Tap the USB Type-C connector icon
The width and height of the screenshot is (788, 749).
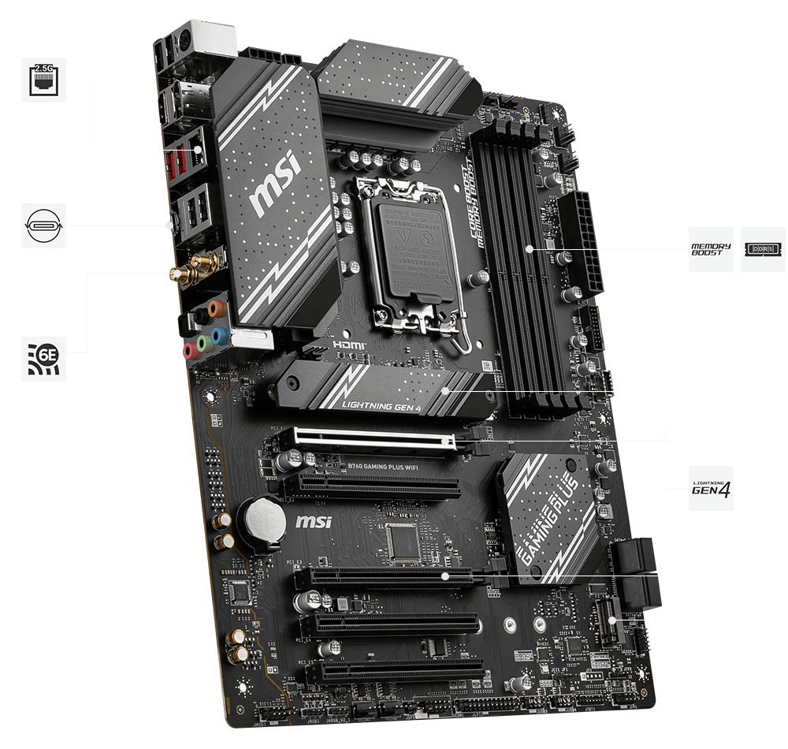click(x=43, y=225)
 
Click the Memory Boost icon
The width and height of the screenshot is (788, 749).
click(x=711, y=250)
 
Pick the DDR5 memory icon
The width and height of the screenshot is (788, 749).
click(x=763, y=250)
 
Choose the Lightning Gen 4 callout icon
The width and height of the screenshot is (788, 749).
click(x=711, y=488)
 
